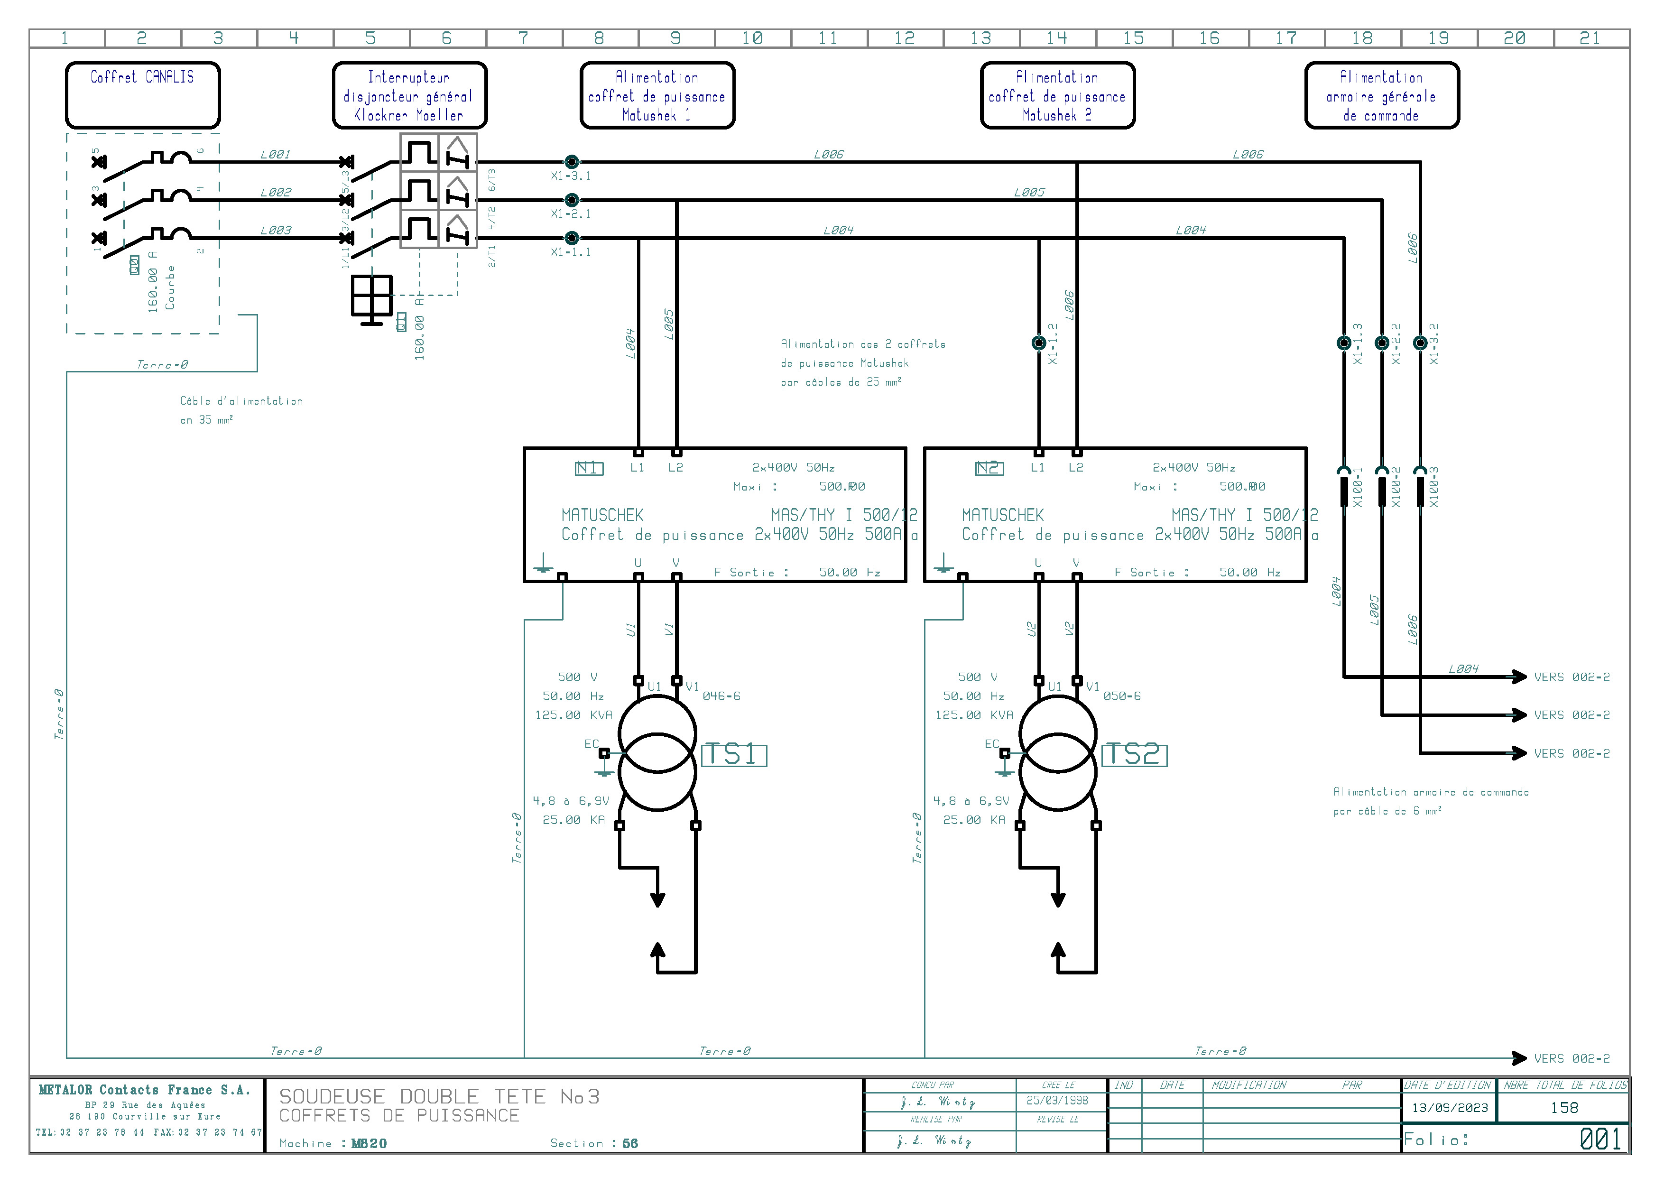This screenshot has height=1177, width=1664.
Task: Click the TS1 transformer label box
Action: click(733, 755)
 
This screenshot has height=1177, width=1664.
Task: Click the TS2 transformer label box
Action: click(1134, 755)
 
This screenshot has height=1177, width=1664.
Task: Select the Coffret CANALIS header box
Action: click(143, 95)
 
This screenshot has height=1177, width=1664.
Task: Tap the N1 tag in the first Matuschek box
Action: click(589, 468)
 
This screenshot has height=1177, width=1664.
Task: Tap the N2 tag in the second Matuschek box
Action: click(989, 468)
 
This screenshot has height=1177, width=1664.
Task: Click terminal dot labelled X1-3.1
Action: click(572, 162)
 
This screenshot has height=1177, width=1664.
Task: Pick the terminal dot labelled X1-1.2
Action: click(1038, 343)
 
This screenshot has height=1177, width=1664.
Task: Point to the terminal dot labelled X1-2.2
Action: click(1382, 343)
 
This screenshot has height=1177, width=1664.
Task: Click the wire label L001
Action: click(276, 154)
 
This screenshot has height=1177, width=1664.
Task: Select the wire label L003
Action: click(276, 231)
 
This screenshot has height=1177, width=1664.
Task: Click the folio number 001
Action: click(1600, 1140)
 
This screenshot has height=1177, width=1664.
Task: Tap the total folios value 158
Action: click(1564, 1107)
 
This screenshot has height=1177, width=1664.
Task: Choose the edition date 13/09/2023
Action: click(1450, 1107)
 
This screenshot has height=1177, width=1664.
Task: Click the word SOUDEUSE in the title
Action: click(332, 1096)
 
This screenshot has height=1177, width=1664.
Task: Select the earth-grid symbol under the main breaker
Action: click(372, 297)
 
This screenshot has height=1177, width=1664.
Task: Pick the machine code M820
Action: click(369, 1144)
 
